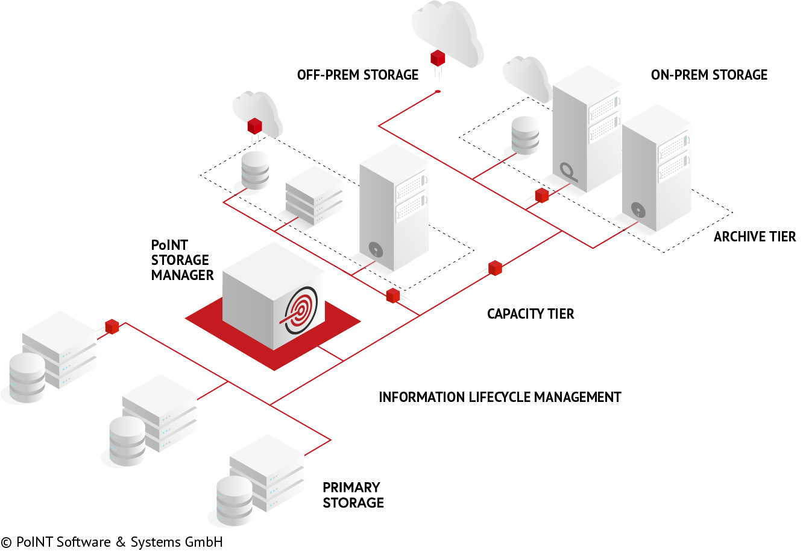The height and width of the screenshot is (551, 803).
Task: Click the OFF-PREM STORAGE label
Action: point(357,75)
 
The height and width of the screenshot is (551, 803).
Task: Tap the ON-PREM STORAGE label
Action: point(709,75)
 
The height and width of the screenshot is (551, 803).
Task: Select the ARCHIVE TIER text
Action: point(754,237)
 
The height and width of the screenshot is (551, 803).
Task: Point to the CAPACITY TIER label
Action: point(531,314)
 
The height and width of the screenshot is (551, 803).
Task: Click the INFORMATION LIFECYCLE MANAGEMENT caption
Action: point(500,397)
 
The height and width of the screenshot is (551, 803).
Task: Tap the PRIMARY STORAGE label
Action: point(353,495)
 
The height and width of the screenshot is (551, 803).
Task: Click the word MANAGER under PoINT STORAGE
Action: point(182,275)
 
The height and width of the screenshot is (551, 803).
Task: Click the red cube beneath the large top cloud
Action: point(438,58)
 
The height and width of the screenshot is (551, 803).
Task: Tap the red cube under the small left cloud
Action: point(255,126)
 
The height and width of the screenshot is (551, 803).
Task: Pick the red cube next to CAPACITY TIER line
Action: point(495,267)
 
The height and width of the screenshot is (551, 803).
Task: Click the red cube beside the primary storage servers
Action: point(112,326)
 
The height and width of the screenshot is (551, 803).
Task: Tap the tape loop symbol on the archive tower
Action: point(568,172)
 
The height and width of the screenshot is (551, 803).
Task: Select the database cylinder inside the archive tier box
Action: point(524,135)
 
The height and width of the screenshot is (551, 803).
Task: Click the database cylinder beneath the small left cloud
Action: point(255,170)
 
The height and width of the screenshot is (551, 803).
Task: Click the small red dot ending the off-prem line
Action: point(438,92)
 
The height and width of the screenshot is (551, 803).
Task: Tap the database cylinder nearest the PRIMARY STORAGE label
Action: point(235,500)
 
